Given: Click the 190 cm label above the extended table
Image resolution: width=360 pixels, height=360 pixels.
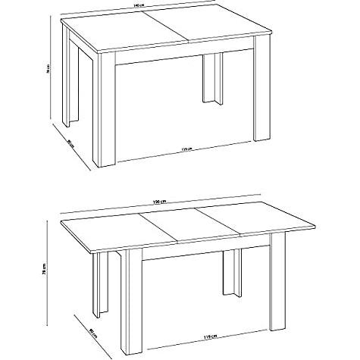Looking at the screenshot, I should pyautogui.click(x=158, y=202).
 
